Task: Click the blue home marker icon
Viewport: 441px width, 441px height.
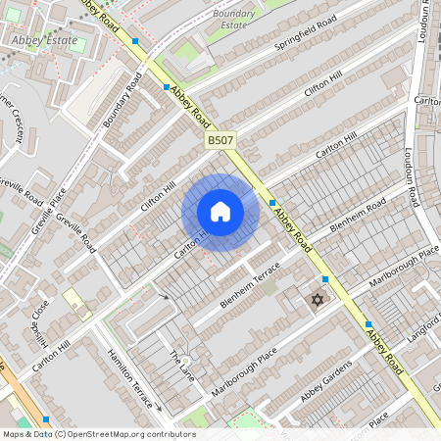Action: pyautogui.click(x=220, y=212)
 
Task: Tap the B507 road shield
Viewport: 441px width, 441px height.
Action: pyautogui.click(x=220, y=142)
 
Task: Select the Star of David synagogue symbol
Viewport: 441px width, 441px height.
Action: pyautogui.click(x=317, y=299)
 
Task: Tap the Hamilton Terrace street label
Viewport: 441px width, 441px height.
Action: pyautogui.click(x=129, y=376)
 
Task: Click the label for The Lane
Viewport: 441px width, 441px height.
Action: pyautogui.click(x=183, y=366)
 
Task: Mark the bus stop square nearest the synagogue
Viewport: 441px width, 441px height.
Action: pyautogui.click(x=324, y=279)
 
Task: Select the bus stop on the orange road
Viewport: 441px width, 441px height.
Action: pyautogui.click(x=46, y=419)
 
